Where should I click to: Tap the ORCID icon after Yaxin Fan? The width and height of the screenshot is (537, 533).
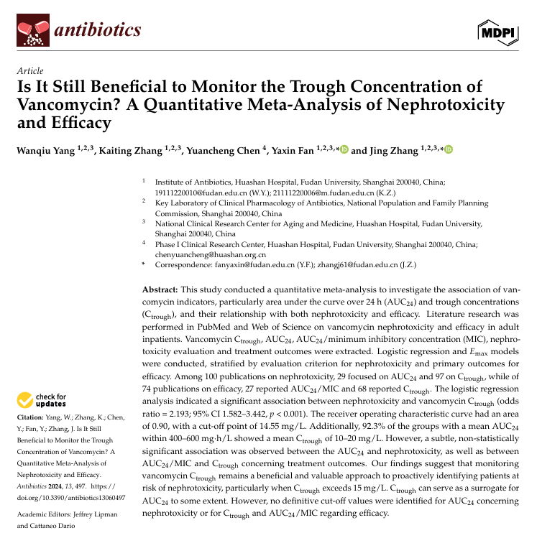pos(344,150)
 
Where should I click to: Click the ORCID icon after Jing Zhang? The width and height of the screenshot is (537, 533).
pos(449,150)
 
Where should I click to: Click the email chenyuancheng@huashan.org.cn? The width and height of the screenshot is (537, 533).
pos(211,254)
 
